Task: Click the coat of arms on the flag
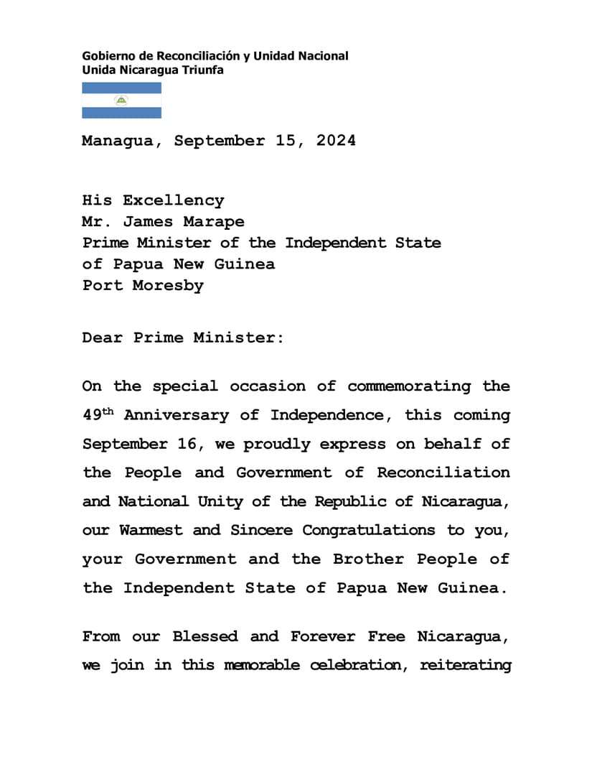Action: pos(121,101)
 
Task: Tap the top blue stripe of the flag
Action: pos(121,88)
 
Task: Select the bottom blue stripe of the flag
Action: pos(121,113)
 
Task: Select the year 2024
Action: pos(335,141)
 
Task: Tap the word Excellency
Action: pos(173,200)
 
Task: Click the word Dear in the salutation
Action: pos(102,337)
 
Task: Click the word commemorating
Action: pos(409,386)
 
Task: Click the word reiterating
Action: pos(465,665)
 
